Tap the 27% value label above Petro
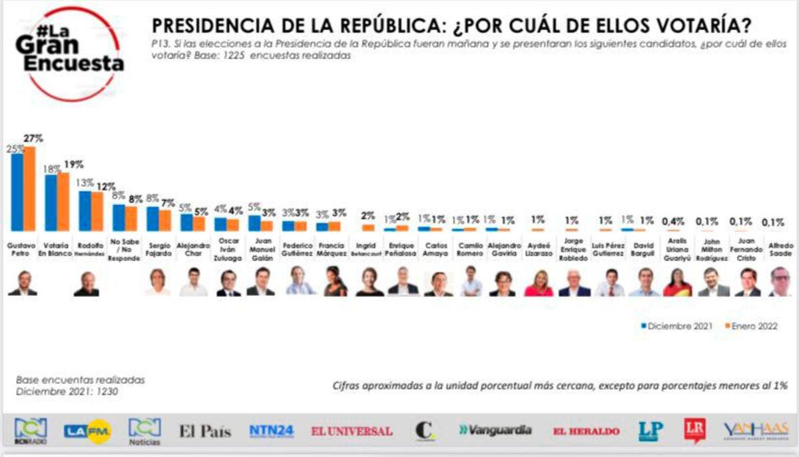(x=33, y=139)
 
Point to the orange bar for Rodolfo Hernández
(x=97, y=211)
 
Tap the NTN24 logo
(x=271, y=430)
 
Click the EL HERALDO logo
(x=586, y=431)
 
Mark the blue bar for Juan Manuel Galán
(x=254, y=223)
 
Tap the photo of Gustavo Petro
(x=23, y=283)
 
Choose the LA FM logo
(x=87, y=431)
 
